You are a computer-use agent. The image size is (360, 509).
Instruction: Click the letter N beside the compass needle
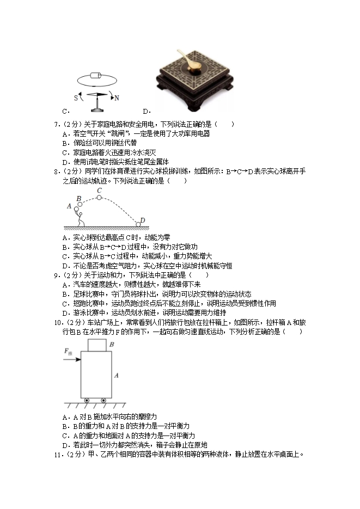point(117,98)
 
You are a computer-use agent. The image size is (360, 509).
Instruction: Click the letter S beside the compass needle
point(76,97)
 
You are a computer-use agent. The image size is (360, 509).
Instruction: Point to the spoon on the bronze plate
point(192,61)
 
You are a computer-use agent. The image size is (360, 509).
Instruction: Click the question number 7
point(56,125)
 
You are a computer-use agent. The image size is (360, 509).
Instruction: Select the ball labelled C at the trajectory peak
point(99,198)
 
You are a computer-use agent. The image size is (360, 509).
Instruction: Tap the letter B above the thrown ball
point(78,198)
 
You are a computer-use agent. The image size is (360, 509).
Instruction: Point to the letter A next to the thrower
point(69,206)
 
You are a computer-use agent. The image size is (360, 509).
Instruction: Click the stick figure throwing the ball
point(80,217)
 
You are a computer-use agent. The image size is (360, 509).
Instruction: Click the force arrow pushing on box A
point(73,359)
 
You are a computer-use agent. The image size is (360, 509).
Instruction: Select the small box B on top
point(97,345)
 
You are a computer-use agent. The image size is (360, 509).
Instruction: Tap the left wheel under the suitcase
point(87,401)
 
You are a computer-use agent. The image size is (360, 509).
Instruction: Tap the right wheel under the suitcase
point(103,401)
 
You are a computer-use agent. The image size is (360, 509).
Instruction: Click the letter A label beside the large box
point(116,376)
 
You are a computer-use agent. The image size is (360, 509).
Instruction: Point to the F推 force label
point(68,352)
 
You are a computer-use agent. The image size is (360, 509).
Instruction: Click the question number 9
point(56,275)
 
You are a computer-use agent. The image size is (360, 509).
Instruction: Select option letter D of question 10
point(65,445)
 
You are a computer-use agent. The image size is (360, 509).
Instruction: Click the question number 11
point(57,455)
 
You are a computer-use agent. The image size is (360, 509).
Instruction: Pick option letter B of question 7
point(65,144)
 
